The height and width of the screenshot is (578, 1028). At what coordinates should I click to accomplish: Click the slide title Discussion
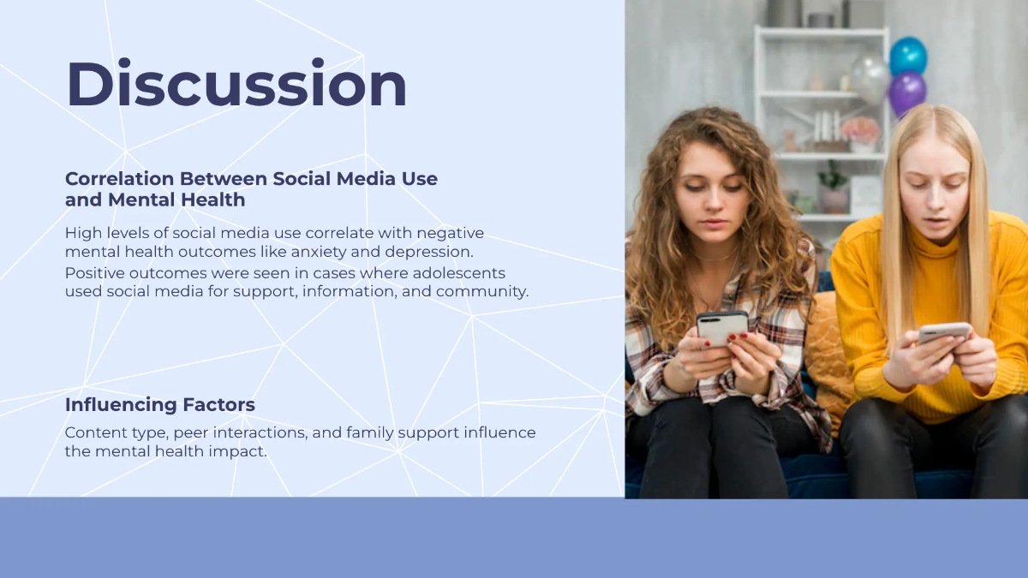(236, 85)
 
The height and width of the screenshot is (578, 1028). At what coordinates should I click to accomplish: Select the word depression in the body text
(434, 252)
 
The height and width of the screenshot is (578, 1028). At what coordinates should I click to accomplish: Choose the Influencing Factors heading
(160, 404)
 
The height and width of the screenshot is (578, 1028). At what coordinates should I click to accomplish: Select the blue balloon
(908, 56)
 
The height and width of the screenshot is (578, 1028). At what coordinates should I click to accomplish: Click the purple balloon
(906, 92)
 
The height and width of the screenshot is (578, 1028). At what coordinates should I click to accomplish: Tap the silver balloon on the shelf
(870, 79)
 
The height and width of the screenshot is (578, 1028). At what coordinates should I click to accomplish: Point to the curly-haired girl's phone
(722, 325)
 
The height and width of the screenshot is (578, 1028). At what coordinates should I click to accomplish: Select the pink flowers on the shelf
(860, 130)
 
